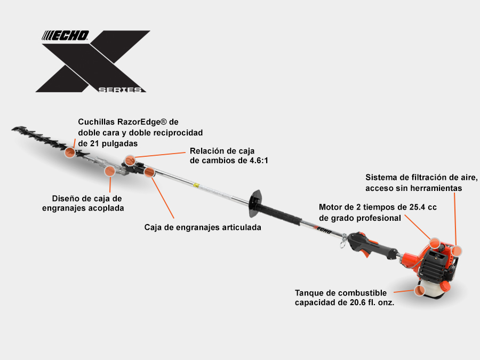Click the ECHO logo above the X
click(x=65, y=36)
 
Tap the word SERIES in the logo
click(x=120, y=90)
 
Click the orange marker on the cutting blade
click(x=70, y=152)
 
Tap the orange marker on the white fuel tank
click(x=420, y=290)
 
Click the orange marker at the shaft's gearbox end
click(x=149, y=172)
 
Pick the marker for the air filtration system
click(x=457, y=251)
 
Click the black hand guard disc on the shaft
click(x=255, y=203)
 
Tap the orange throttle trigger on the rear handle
click(x=365, y=253)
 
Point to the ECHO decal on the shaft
click(x=322, y=230)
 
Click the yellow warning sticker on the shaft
click(x=196, y=186)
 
